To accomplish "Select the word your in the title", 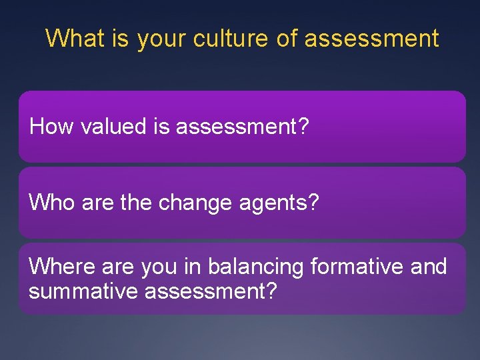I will (x=161, y=39).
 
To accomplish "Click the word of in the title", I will (x=287, y=38).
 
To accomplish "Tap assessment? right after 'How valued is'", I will (x=243, y=127).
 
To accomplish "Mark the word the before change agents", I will (x=136, y=202).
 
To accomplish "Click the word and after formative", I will (x=429, y=267).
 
